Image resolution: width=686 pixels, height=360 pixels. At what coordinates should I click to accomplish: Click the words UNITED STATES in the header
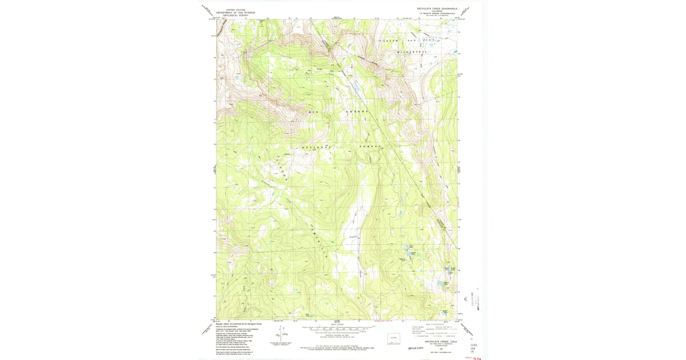pyautogui.click(x=234, y=10)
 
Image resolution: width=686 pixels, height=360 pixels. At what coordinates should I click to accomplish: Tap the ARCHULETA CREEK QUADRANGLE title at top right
pyautogui.click(x=437, y=9)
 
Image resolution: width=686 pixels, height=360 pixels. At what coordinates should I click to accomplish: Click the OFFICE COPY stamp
pyautogui.click(x=413, y=346)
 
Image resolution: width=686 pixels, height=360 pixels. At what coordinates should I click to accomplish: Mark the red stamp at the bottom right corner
pyautogui.click(x=474, y=358)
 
